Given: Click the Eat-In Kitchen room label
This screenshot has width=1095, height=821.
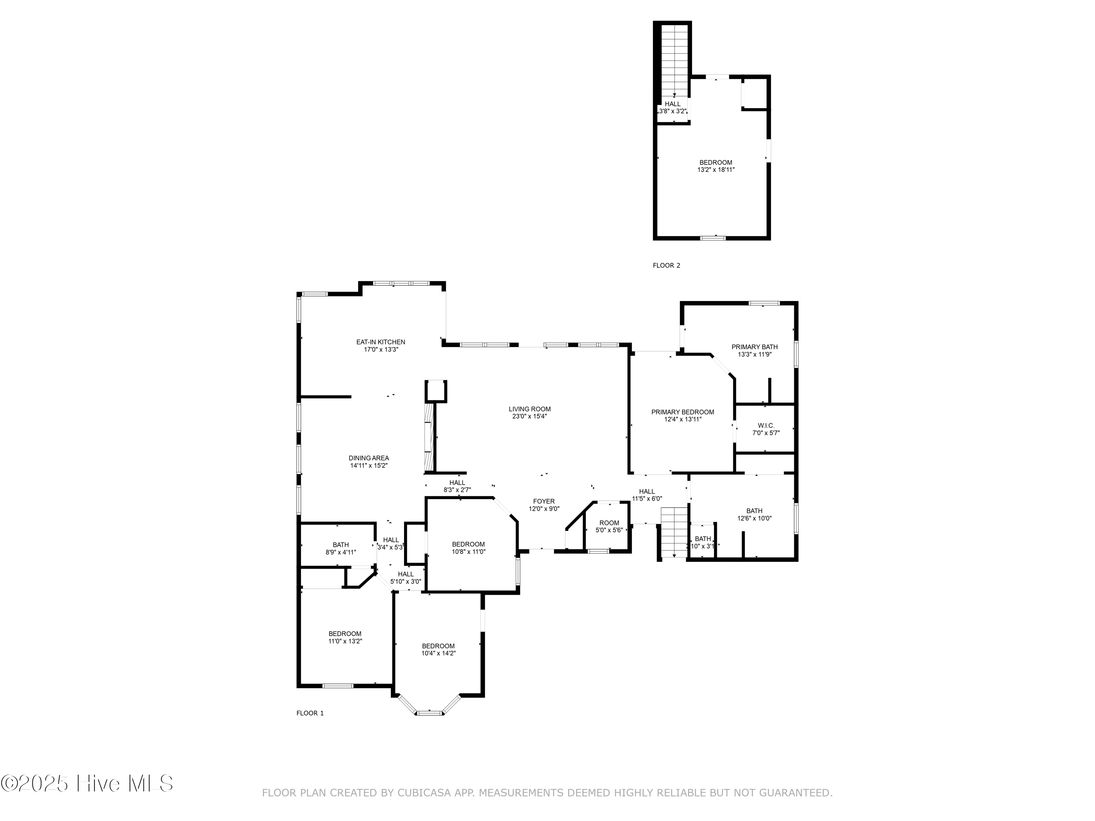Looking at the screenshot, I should coord(381,342).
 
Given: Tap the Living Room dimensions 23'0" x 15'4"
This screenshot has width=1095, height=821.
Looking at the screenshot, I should coord(529,416).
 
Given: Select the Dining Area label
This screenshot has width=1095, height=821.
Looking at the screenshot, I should coord(368,458).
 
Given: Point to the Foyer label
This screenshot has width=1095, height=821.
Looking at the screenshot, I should coord(543,501).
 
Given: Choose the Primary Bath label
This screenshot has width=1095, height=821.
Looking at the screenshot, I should coord(754,347).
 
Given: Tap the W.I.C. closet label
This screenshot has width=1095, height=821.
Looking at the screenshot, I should coord(765,425).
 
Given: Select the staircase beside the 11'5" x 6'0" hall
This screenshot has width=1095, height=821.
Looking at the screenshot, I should coord(674,532).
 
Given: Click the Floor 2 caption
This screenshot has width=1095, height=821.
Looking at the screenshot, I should coord(666,265).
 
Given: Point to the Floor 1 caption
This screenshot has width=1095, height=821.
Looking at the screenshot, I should coord(310,713).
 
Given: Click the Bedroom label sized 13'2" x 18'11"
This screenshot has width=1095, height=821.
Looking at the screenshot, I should coord(715,162).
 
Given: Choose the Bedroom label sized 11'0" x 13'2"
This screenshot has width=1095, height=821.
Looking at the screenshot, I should coord(345,633).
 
